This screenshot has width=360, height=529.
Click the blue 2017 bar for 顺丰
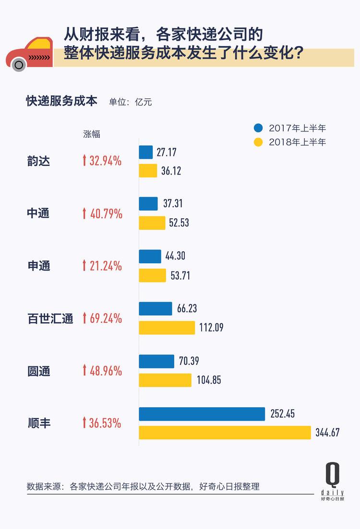click(x=202, y=414)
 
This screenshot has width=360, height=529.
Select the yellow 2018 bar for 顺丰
click(x=225, y=433)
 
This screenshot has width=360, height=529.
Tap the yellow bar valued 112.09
click(x=167, y=328)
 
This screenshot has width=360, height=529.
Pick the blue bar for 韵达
click(x=146, y=152)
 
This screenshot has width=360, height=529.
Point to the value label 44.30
click(x=175, y=256)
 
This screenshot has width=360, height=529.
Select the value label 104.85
click(x=209, y=380)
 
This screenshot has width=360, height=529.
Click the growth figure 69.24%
click(x=106, y=318)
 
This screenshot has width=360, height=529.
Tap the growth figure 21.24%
click(x=106, y=266)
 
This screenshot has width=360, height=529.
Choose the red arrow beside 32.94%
click(x=84, y=161)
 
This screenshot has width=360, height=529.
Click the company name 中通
click(x=38, y=213)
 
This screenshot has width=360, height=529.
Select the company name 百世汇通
click(x=50, y=318)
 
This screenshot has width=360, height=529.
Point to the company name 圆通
click(x=38, y=371)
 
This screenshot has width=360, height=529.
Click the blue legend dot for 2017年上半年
click(x=259, y=128)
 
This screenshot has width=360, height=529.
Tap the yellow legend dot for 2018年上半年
click(x=259, y=142)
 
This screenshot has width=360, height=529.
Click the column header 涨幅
click(x=92, y=134)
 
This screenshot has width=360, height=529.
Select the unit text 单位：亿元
click(x=131, y=102)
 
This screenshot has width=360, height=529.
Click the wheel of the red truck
click(x=19, y=64)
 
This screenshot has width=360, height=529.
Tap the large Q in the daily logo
click(x=332, y=475)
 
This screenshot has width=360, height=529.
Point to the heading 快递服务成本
click(x=61, y=101)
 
